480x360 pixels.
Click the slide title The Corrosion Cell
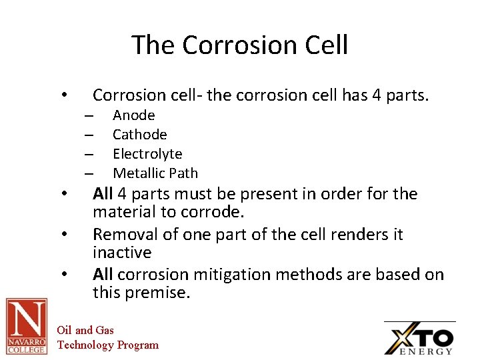[x=239, y=45]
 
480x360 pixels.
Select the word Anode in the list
[x=133, y=115]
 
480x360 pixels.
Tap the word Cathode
[x=139, y=135]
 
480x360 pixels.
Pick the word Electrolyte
[x=147, y=154]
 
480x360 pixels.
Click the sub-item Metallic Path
[x=155, y=173]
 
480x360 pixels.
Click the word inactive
[x=122, y=253]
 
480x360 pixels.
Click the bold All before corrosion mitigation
[x=103, y=275]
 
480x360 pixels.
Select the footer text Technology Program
[x=108, y=345]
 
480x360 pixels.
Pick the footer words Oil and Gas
[x=85, y=330]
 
